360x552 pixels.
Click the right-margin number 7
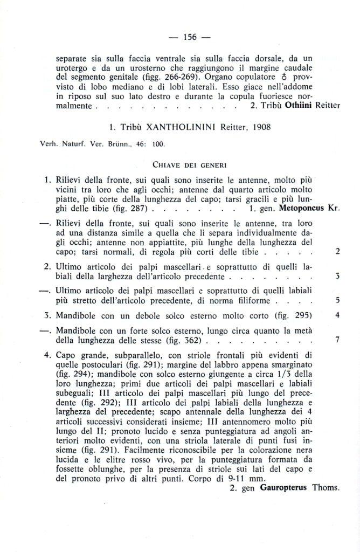point(337,341)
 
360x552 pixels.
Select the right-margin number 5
point(337,300)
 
